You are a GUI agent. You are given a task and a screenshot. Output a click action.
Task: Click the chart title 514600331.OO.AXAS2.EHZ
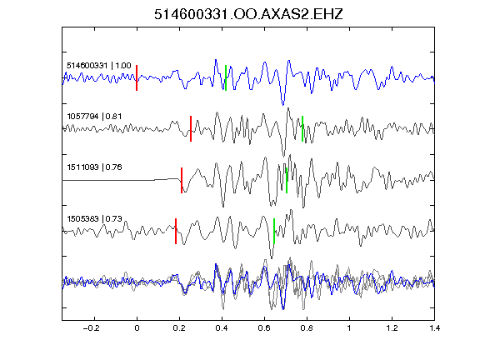tap(248, 14)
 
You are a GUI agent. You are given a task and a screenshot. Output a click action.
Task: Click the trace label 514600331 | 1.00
tap(99, 66)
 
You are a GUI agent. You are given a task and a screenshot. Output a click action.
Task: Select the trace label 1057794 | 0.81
tap(94, 117)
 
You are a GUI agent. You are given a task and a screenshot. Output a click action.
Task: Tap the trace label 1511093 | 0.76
tap(94, 167)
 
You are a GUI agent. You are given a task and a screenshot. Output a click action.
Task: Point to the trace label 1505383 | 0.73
tap(94, 218)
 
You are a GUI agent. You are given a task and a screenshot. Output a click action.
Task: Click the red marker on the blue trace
tap(137, 77)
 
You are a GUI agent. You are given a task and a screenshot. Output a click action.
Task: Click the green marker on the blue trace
tap(226, 77)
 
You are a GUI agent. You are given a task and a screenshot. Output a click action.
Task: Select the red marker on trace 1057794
tap(191, 128)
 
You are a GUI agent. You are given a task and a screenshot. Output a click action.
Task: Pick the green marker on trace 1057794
tap(302, 128)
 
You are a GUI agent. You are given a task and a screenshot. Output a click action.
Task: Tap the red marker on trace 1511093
tap(182, 180)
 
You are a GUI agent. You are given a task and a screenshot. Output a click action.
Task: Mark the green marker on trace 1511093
tap(287, 180)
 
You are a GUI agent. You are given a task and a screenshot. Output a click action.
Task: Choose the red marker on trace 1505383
tap(176, 231)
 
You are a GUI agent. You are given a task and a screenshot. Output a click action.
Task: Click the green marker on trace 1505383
tap(274, 231)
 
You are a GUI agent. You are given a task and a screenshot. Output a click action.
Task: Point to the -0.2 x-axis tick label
tap(92, 328)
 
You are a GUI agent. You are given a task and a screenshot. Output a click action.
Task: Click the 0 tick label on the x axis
tap(137, 328)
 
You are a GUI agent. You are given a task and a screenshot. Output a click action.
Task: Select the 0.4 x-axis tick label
tap(222, 328)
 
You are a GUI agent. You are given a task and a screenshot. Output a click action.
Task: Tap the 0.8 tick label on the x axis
tap(307, 328)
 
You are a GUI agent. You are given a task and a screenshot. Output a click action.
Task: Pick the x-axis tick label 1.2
tap(392, 328)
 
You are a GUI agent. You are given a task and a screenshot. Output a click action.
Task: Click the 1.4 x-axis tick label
tap(434, 328)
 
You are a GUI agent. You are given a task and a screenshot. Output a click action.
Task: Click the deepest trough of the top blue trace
tap(282, 105)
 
